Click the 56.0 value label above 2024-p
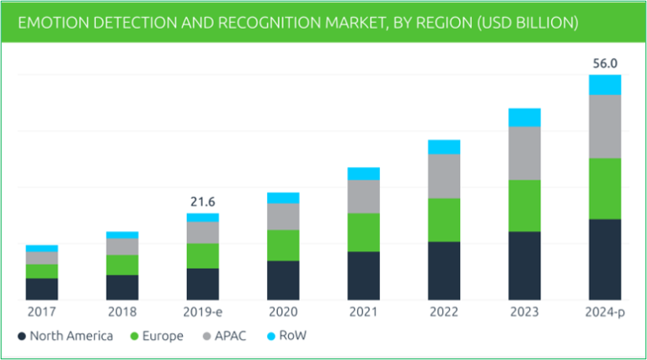click(605, 62)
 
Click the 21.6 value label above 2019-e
click(202, 202)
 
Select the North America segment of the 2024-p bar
click(605, 259)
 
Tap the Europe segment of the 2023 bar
click(524, 205)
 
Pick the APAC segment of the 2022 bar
click(444, 175)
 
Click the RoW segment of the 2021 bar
click(363, 174)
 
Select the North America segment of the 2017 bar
click(41, 288)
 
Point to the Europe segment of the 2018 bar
click(122, 264)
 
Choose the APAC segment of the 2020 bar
click(283, 217)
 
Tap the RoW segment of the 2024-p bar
click(605, 84)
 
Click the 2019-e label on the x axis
click(202, 313)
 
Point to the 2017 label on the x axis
click(41, 313)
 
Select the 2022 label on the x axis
click(444, 313)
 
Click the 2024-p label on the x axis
click(605, 313)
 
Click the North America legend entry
click(65, 336)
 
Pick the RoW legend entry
click(286, 336)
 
